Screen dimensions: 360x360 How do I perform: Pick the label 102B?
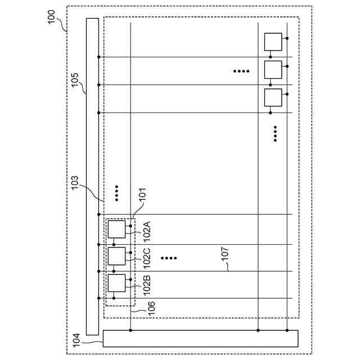pyautogui.click(x=147, y=285)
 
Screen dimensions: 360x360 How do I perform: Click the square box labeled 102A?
pyautogui.click(x=116, y=229)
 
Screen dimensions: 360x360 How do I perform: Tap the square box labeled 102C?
pyautogui.click(x=116, y=256)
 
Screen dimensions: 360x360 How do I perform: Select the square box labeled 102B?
pyautogui.click(x=116, y=282)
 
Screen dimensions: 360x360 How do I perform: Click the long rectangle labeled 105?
pyautogui.click(x=92, y=176)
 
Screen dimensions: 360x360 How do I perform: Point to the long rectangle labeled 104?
pyautogui.click(x=200, y=339)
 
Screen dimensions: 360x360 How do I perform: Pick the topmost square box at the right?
pyautogui.click(x=273, y=42)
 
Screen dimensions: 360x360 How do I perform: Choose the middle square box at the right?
pyautogui.click(x=273, y=69)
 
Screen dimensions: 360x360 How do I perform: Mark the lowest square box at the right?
pyautogui.click(x=273, y=97)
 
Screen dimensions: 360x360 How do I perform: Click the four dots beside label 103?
pyautogui.click(x=116, y=193)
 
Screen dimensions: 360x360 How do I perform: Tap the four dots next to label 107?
pyautogui.click(x=169, y=258)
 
